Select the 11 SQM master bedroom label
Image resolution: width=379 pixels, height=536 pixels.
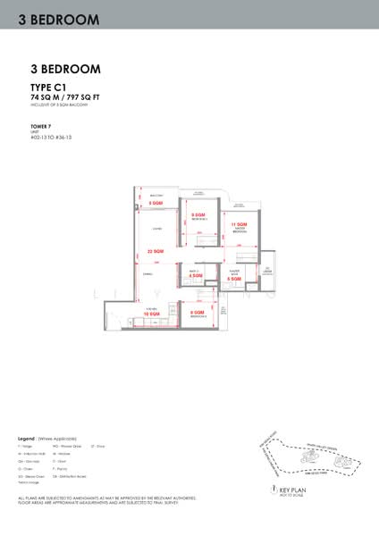pyautogui.click(x=239, y=224)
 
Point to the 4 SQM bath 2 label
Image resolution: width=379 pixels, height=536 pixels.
pyautogui.click(x=196, y=276)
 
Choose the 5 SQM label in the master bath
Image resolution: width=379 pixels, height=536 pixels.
pyautogui.click(x=233, y=280)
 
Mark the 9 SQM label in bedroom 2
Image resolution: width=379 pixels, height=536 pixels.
pyautogui.click(x=198, y=215)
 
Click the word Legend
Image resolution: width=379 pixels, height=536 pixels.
pyautogui.click(x=25, y=440)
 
